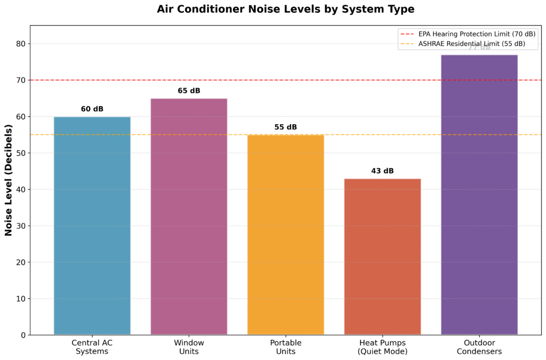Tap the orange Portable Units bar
click(286, 235)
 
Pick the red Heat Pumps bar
click(382, 257)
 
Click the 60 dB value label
click(92, 109)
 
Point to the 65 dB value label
click(189, 91)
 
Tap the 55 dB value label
click(286, 127)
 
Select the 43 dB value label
click(382, 171)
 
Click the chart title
click(285, 10)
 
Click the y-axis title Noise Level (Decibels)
click(9, 180)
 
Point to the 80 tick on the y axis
click(20, 44)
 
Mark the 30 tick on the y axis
click(20, 226)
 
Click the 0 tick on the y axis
click(23, 335)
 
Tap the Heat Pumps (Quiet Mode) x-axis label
click(382, 347)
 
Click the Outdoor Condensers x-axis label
click(479, 347)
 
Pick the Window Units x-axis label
click(189, 347)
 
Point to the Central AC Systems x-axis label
click(92, 347)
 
